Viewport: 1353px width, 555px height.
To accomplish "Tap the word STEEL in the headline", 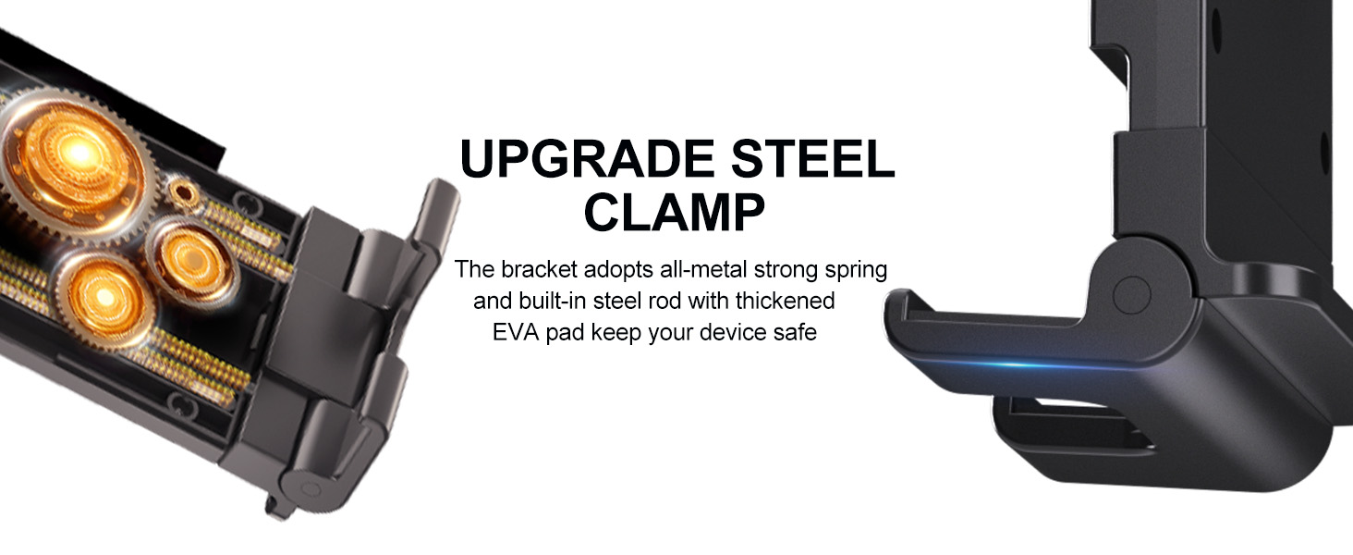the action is tap(812, 158).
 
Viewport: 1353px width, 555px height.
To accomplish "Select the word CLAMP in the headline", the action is tap(674, 212).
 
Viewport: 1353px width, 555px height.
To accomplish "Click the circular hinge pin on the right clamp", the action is tap(1131, 295).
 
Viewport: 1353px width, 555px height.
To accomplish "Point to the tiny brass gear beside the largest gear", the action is tap(181, 193).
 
